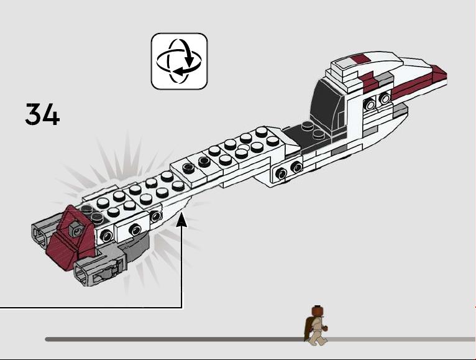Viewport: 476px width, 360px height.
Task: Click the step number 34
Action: (42, 114)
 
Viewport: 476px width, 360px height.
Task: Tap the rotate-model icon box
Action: (179, 62)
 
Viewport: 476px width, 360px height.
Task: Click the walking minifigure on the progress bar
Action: (316, 326)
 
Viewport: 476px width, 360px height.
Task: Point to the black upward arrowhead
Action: (182, 219)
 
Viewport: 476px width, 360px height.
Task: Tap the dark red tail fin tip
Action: (439, 74)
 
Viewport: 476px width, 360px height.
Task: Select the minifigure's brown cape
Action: (308, 328)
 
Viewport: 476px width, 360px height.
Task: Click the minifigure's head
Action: (317, 312)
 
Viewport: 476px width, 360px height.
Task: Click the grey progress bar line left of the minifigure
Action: (175, 339)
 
